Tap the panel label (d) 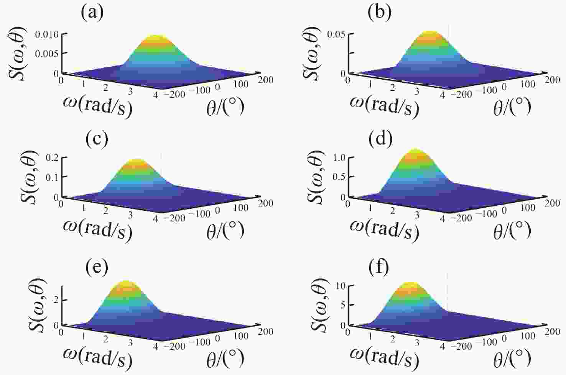380,139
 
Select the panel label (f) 378,267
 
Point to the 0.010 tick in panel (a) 47,34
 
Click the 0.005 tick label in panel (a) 47,54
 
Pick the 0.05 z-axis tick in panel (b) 336,34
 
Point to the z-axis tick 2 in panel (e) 56,300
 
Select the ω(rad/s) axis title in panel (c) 97,229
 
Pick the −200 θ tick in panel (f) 461,346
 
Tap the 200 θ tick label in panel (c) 265,203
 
